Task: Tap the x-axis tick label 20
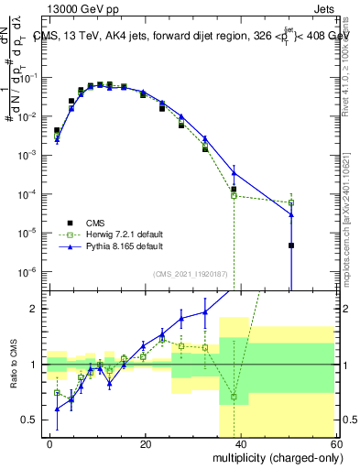click(146, 443)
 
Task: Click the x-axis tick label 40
click(241, 443)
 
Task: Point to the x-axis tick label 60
click(335, 443)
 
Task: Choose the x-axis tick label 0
click(50, 443)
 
